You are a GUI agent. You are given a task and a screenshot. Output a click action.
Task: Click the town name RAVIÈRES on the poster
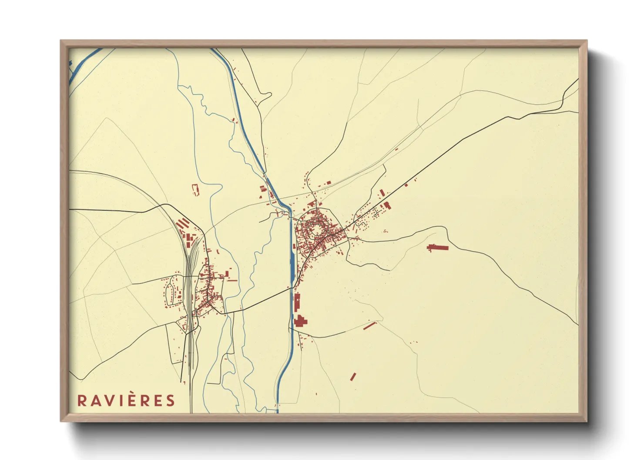click(126, 400)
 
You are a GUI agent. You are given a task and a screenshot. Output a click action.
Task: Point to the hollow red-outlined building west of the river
click(195, 190)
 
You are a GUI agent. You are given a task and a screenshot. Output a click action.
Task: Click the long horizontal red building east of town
click(438, 248)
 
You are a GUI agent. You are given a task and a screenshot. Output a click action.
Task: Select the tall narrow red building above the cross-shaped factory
click(297, 302)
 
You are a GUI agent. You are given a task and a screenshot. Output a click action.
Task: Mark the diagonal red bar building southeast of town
click(369, 325)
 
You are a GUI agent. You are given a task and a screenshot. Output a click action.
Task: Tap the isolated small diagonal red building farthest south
click(353, 377)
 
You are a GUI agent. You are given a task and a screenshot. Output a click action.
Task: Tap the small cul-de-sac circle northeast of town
click(375, 215)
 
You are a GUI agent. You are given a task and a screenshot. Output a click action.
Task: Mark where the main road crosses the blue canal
click(291, 287)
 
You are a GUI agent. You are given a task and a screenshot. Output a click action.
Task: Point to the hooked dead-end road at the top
click(265, 98)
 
